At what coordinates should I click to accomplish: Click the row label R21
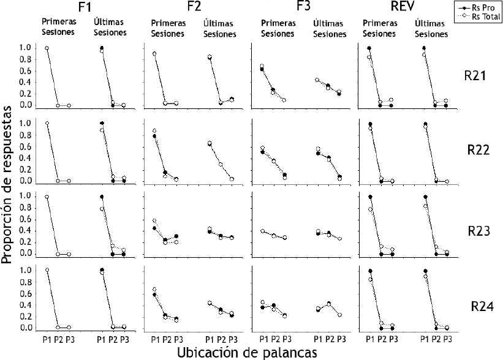[475, 77]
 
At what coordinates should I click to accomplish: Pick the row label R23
[475, 231]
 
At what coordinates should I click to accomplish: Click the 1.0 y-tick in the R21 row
[23, 48]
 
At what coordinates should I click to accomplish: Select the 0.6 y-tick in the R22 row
[23, 146]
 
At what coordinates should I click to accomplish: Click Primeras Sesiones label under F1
[59, 26]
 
